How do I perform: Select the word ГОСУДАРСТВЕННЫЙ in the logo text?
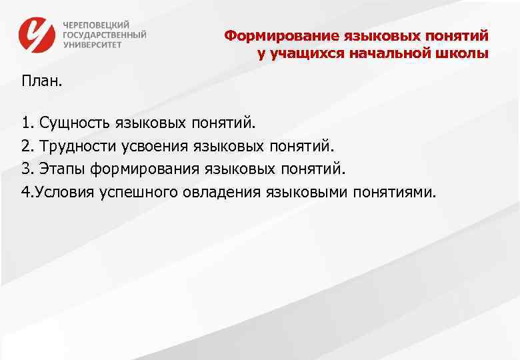point(105,34)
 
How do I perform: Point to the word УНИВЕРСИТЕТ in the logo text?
point(93,45)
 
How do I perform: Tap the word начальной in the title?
point(390,53)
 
